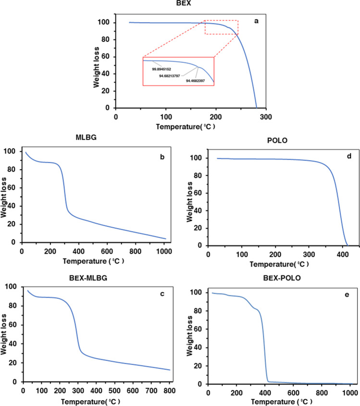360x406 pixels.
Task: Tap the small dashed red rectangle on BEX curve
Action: tap(221, 27)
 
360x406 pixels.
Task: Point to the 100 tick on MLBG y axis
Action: tap(11, 151)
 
